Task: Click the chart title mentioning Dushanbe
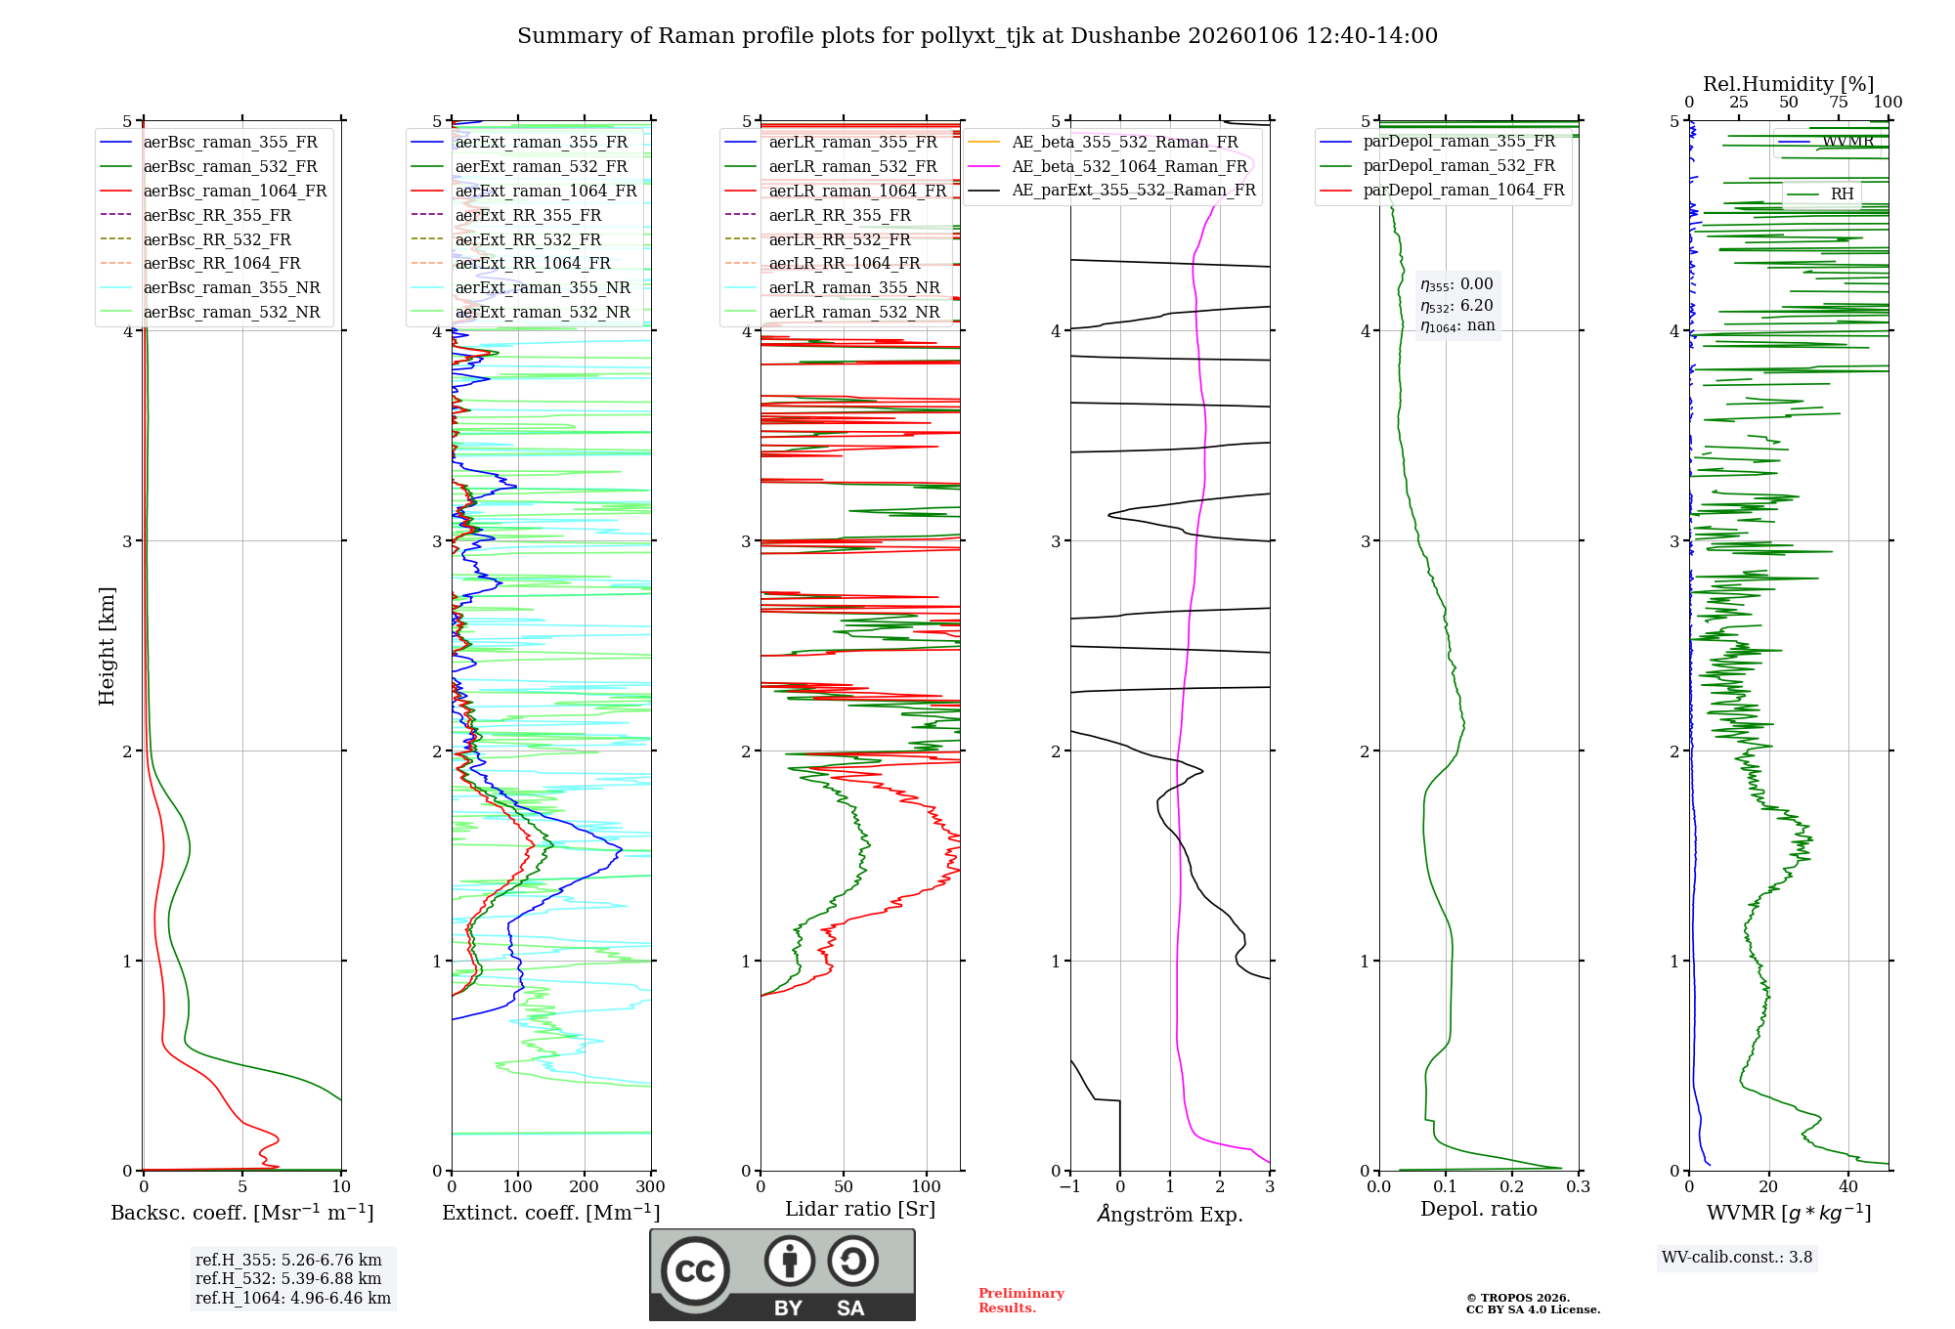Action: tap(977, 36)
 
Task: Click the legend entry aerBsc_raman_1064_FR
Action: tap(235, 191)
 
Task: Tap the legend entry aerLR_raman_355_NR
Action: tap(853, 287)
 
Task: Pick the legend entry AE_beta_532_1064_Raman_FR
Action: tap(1129, 166)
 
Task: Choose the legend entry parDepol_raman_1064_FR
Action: tap(1463, 190)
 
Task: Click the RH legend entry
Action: tap(1842, 193)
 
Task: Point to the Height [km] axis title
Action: tap(107, 646)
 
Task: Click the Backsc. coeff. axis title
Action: tap(241, 1213)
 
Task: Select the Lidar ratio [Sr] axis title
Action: tap(859, 1209)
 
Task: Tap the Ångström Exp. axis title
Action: tap(1169, 1214)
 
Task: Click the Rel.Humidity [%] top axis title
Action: tap(1788, 84)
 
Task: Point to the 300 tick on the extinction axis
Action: tap(650, 1187)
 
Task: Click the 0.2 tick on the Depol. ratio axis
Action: tap(1511, 1187)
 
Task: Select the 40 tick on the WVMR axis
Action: tap(1847, 1187)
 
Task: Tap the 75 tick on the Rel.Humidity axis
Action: tap(1838, 103)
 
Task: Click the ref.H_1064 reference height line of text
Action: tap(292, 1298)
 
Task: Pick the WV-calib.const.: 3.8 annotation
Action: tap(1736, 1257)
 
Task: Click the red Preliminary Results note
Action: tap(1021, 1301)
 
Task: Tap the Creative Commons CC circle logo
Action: tap(695, 1271)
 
